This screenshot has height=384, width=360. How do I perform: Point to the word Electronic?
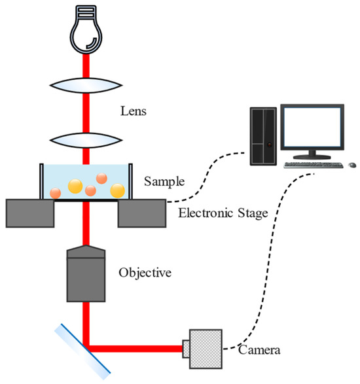click(x=203, y=212)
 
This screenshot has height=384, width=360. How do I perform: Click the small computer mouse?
click(x=351, y=164)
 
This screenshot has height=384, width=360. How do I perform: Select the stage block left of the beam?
click(x=29, y=212)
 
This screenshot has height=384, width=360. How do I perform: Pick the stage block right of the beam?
click(x=141, y=212)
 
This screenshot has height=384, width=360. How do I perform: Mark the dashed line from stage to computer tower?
click(x=209, y=177)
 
